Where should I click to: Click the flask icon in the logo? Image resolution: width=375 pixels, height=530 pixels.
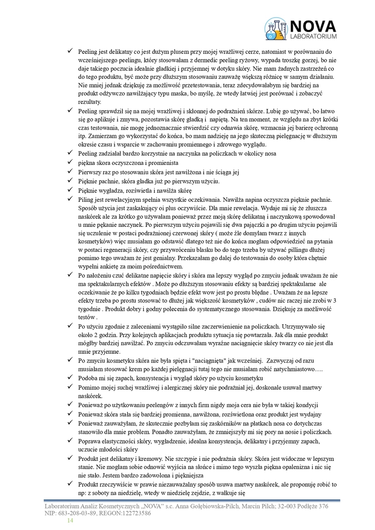pyautogui.click(x=276, y=28)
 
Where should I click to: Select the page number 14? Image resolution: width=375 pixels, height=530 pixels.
pyautogui.click(x=70, y=521)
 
